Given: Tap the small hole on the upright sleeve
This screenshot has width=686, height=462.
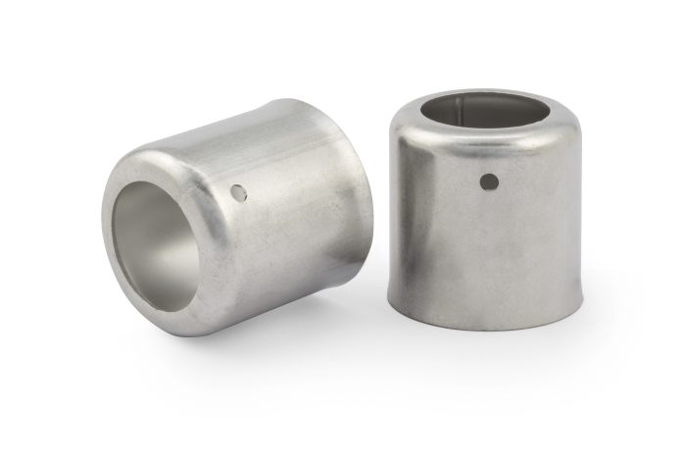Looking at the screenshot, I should coord(489,180).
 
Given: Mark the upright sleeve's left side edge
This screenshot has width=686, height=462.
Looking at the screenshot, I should coord(393,216).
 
